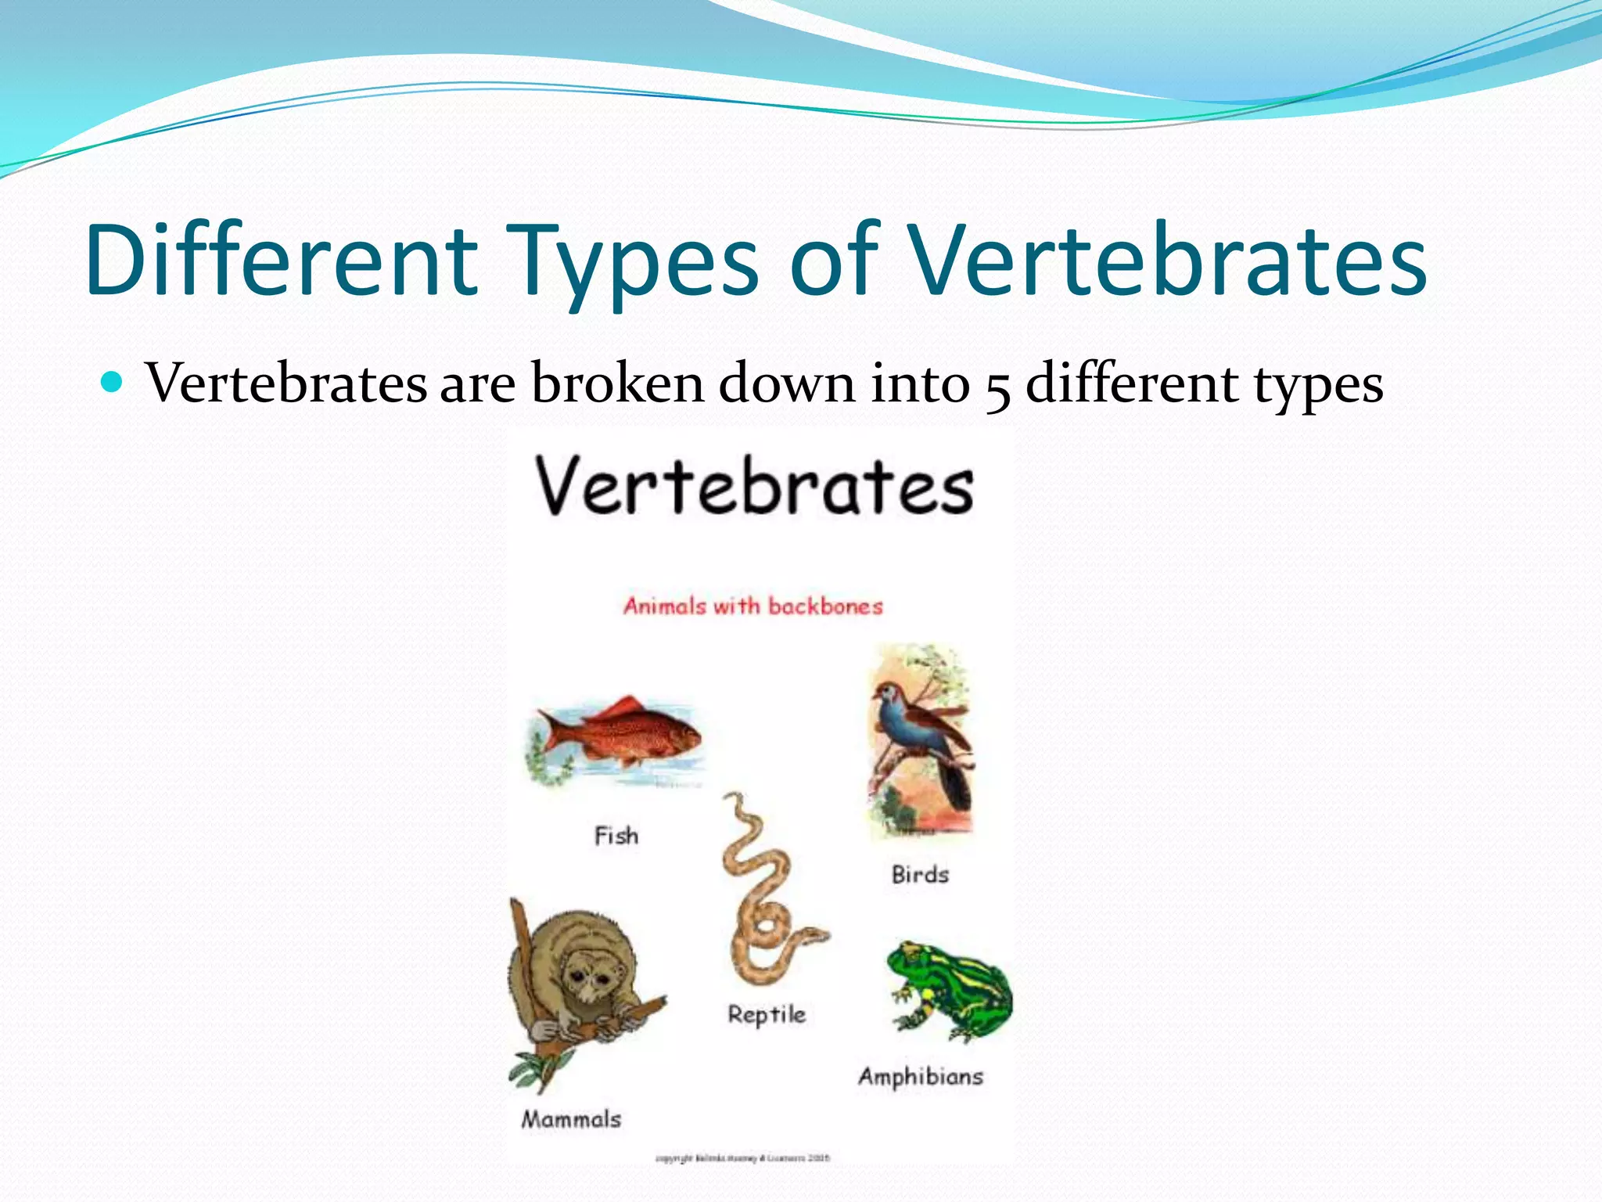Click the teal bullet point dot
[x=113, y=383]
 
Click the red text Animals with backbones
[x=753, y=606]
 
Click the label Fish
[x=616, y=836]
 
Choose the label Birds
[x=920, y=874]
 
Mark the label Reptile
[x=767, y=1015]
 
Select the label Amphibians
[x=921, y=1077]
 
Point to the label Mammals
[x=572, y=1119]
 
